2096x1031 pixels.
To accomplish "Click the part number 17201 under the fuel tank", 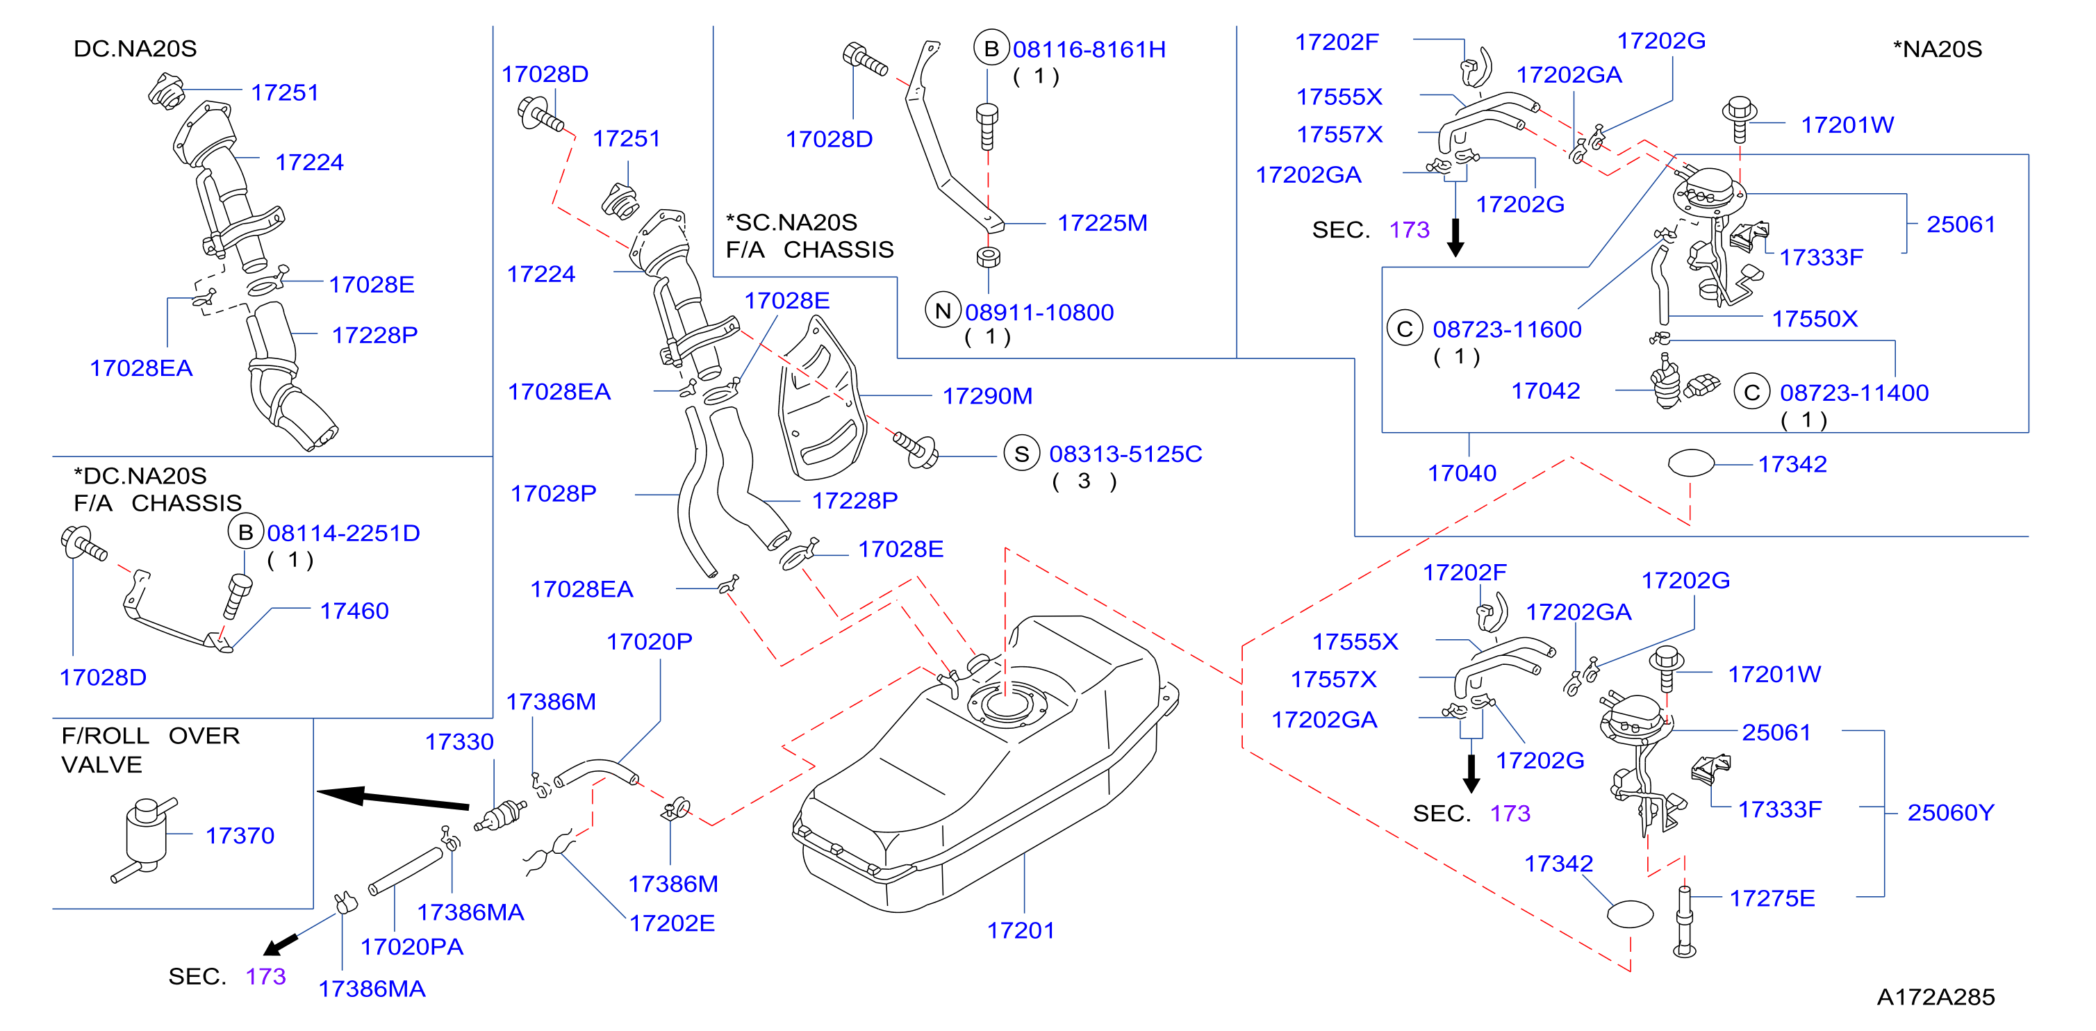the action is (x=1021, y=930).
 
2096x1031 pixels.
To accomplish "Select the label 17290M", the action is (x=987, y=396).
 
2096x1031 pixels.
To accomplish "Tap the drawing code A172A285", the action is (x=1936, y=997).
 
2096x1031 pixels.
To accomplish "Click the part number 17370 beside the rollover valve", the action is (x=240, y=836).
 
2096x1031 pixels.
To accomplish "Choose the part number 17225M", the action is (x=1103, y=223).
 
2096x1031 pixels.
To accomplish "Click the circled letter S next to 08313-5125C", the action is (x=1022, y=454).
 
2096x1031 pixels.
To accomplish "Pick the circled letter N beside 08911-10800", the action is (x=943, y=311).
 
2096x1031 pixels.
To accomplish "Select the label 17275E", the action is (x=1772, y=898).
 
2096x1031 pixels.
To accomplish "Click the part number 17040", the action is (x=1462, y=473).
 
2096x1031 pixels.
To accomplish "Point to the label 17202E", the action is (x=672, y=923).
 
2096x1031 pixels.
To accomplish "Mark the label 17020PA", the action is (x=412, y=947).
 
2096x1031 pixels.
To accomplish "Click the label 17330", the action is (x=460, y=742).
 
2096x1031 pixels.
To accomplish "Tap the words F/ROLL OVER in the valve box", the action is (x=151, y=736).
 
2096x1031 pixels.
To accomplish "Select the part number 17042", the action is (x=1546, y=391).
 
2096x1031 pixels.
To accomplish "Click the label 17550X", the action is (x=1815, y=319).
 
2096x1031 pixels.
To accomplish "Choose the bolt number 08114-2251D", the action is (x=343, y=533).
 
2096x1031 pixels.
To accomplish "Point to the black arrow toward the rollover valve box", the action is (x=393, y=798).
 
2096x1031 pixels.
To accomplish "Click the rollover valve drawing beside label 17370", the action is (x=145, y=838).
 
